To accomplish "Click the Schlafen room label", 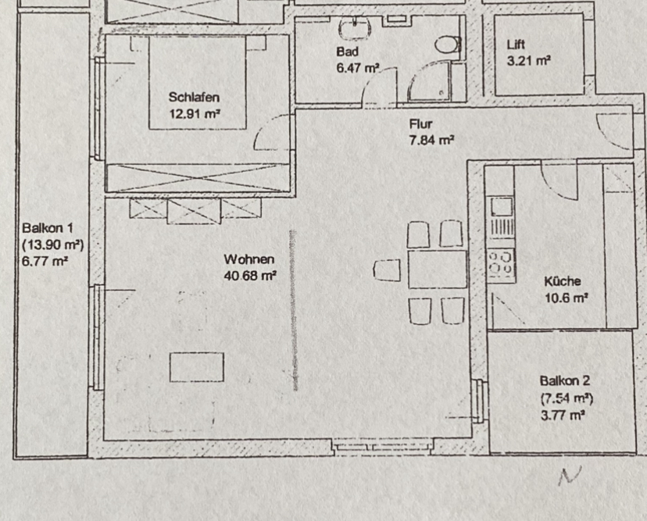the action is point(194,98).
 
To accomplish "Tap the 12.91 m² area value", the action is point(194,113).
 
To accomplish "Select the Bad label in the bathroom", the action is point(347,52).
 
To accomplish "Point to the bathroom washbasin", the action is point(355,28).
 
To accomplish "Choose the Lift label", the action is point(516,45).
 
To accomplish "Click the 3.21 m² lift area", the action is point(528,61).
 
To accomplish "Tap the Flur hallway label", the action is point(420,124).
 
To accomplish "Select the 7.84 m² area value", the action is point(431,141).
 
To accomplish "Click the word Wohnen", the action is point(248,259).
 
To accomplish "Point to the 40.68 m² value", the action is point(250,275).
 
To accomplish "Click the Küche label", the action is point(563,281).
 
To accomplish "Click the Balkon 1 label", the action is point(48,228).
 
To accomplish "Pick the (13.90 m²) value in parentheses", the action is point(53,244).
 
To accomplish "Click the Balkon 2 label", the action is point(565,380).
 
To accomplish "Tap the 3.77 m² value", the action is point(563,415).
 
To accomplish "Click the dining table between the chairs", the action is point(438,269).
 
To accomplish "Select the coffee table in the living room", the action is point(197,366).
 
